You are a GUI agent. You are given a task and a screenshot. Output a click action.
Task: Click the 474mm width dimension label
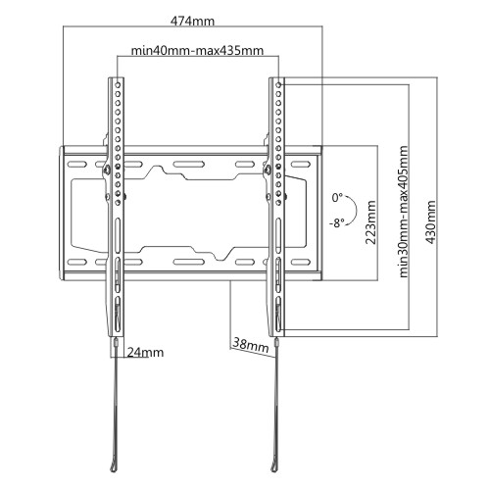pos(193,22)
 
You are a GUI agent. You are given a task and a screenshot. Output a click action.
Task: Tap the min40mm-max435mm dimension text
pos(197,50)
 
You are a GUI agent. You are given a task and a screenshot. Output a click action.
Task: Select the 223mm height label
pos(370,222)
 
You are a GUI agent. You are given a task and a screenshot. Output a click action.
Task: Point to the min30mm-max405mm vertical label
pos(404,212)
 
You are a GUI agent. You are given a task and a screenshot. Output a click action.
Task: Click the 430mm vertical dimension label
pos(431,222)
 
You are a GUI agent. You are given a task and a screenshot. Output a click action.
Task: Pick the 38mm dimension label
pos(251,346)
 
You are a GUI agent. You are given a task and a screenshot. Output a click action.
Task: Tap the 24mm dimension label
pos(145,353)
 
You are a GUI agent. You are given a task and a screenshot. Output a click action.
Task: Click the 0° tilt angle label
pos(337,198)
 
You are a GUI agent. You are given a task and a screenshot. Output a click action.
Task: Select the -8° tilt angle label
pos(337,223)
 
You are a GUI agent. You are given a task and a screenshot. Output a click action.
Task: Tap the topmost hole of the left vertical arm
pos(118,85)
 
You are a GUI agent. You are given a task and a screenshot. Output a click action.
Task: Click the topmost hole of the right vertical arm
pos(278,85)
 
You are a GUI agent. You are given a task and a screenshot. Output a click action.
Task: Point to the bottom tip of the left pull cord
pos(113,471)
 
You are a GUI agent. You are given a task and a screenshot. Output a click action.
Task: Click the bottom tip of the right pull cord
pos(272,471)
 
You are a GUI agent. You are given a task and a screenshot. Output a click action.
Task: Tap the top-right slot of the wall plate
pos(301,164)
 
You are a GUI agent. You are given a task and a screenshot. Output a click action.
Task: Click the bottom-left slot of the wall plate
pos(77,262)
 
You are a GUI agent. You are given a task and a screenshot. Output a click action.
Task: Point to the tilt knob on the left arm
pos(107,171)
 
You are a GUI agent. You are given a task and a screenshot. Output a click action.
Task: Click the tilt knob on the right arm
pos(267,171)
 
